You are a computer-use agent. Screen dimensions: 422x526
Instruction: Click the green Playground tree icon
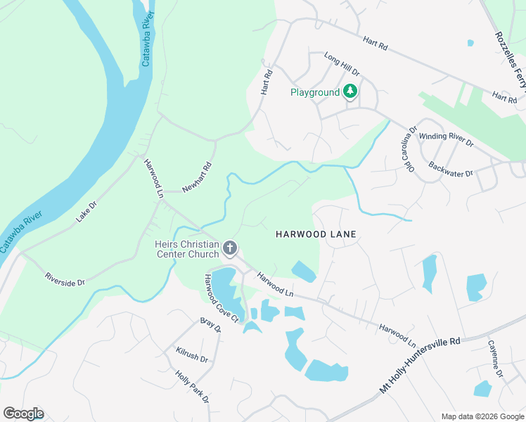pos(350,92)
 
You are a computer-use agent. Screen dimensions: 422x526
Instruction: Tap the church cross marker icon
pos(230,248)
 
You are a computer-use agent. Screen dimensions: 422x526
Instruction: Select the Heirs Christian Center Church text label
pos(186,248)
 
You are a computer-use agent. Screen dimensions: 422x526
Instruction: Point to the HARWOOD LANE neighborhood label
pos(316,234)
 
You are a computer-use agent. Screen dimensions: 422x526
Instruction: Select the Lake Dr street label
pos(89,211)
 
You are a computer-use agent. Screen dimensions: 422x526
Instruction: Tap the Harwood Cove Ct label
pos(222,298)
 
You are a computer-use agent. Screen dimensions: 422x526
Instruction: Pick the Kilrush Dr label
pos(192,354)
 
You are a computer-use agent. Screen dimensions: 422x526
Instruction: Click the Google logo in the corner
pos(23,413)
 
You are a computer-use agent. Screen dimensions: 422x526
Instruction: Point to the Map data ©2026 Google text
pos(482,416)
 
